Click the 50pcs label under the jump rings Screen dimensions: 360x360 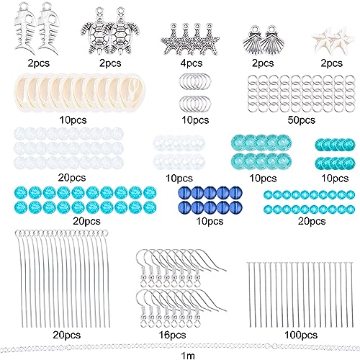coord(301,120)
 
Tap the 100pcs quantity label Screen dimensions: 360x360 coord(301,335)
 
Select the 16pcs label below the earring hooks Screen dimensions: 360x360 coord(172,335)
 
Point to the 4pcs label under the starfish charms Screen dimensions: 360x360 coord(191,63)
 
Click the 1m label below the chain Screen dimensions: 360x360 coord(188,356)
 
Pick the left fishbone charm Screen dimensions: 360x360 coord(25,27)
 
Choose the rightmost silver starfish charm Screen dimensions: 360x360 coord(210,40)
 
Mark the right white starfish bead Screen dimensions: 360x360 coord(342,40)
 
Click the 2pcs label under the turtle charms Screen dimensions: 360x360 coord(110,63)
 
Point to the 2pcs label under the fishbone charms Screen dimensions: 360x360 coord(38,63)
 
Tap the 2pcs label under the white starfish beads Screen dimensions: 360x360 coord(331,63)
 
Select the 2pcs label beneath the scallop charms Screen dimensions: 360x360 coord(263,63)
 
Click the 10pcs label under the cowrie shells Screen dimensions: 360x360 coord(73,120)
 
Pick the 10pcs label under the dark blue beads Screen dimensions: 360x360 coord(210,221)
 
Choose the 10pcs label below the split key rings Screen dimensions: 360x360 coord(195,120)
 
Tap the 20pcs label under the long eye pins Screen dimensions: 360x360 coord(66,335)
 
